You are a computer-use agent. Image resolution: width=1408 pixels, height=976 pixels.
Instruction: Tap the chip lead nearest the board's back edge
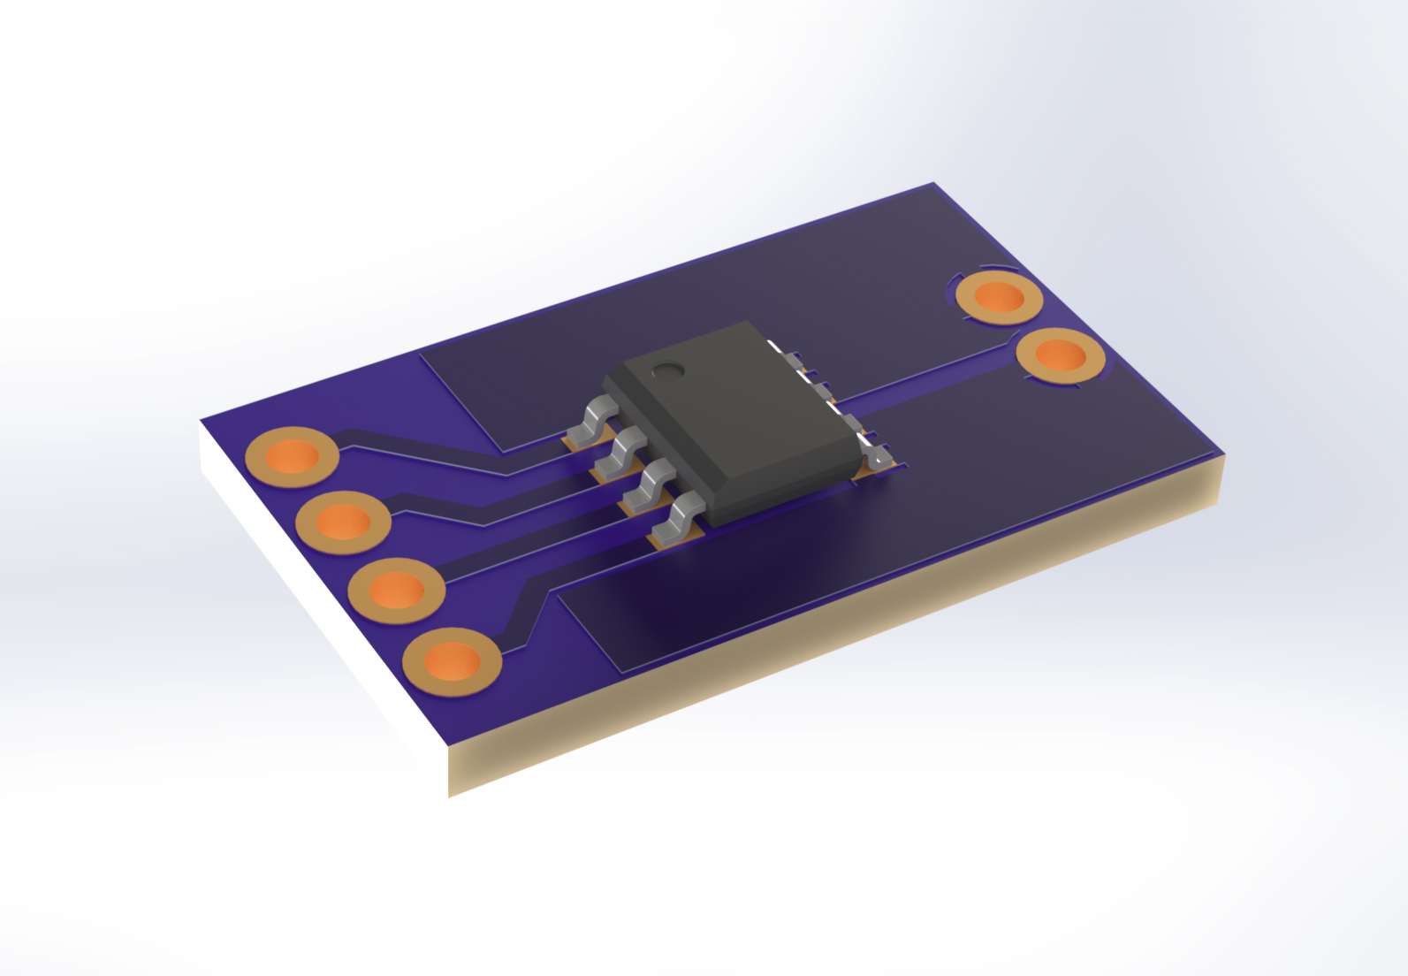coord(590,422)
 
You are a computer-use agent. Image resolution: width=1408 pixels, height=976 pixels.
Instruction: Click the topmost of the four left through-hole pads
coord(293,456)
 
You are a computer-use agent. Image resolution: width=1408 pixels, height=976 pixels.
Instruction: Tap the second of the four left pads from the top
coord(343,522)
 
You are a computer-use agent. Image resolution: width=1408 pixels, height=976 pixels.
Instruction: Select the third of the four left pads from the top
coord(396,590)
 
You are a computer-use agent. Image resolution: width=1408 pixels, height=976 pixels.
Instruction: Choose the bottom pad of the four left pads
coord(452,660)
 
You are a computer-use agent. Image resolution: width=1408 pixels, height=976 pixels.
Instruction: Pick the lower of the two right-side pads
coord(1060,355)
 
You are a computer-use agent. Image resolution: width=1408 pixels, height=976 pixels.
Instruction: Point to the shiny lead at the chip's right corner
coord(879,458)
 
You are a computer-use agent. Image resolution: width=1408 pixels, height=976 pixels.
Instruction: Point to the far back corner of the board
coord(933,185)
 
